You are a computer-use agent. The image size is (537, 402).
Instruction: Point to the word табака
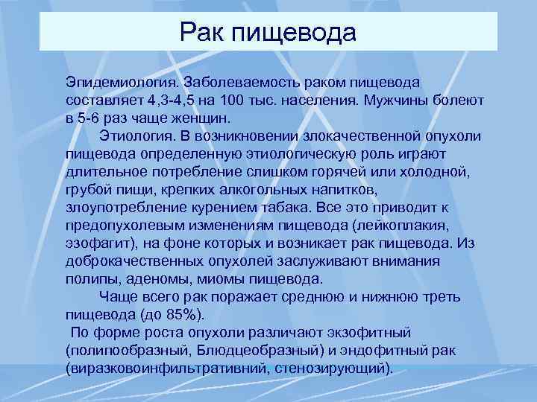[286, 208]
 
